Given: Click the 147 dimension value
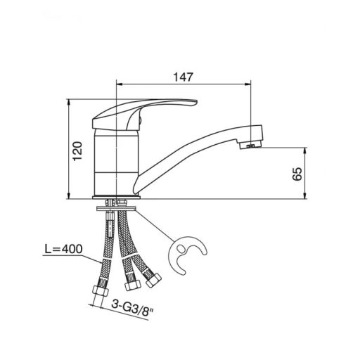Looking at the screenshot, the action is (183, 77).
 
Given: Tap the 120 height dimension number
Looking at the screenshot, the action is (77, 151).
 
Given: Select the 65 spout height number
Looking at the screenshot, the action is (297, 174).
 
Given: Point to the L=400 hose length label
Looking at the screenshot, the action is (64, 249).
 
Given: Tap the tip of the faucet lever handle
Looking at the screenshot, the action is (196, 102).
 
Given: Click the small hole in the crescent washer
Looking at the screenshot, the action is (181, 248).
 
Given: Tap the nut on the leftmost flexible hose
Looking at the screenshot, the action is (101, 291).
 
